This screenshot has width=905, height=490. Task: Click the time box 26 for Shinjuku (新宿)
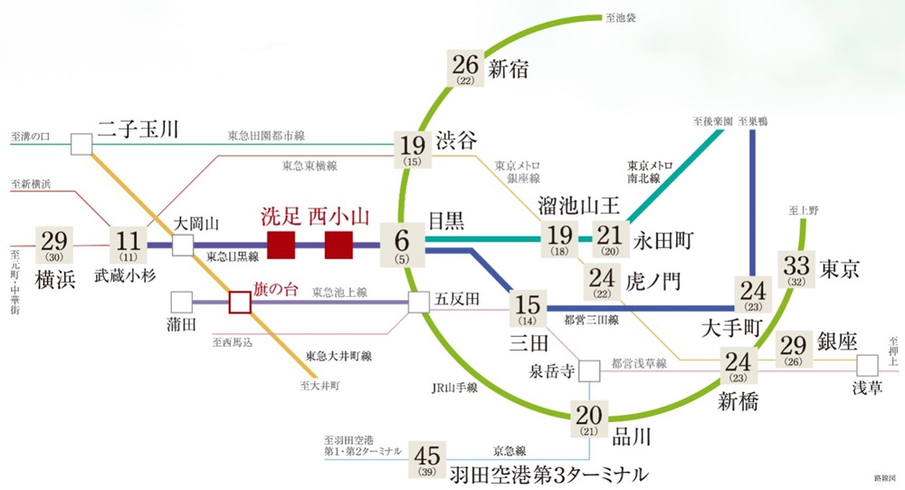466,69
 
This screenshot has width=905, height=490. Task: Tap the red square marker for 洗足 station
281,245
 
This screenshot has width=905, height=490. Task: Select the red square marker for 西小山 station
338,245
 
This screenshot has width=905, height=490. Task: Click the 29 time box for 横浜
54,245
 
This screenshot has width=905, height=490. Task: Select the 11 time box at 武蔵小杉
128,245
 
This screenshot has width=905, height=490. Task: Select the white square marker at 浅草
867,365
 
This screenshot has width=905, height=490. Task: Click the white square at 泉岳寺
589,370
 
